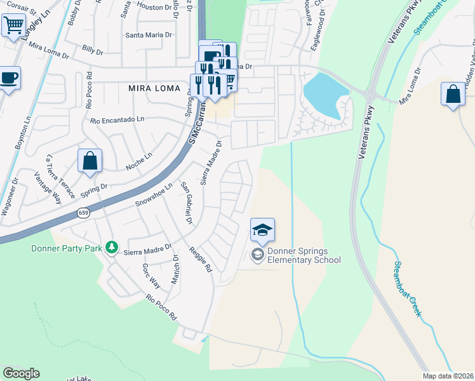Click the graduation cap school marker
262,230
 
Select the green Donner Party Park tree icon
112,246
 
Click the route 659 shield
84,213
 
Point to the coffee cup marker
10,79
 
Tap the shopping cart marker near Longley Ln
13,26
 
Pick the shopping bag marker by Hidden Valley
453,94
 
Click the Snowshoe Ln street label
154,195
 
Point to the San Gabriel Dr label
186,203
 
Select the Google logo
21,373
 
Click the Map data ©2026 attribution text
448,376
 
